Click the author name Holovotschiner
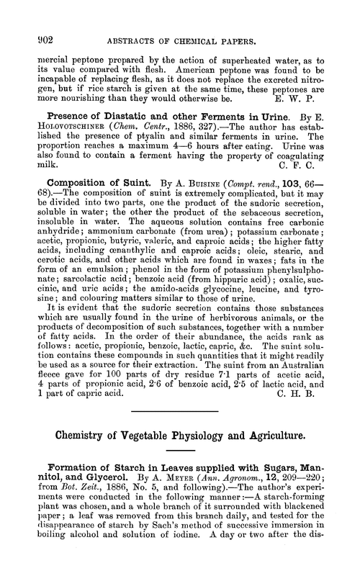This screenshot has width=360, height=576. pyautogui.click(x=67, y=131)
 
